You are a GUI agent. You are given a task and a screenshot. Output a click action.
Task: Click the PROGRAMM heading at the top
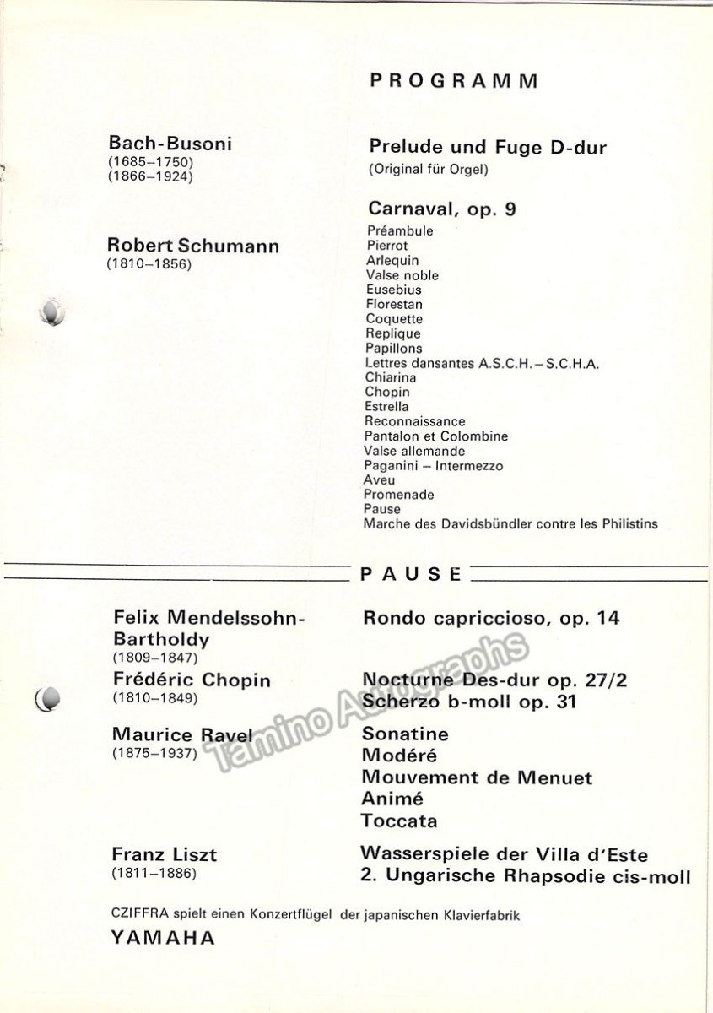pos(454,82)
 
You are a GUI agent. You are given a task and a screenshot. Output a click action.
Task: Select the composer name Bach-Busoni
pos(170,144)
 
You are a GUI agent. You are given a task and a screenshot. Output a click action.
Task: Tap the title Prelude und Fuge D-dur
pos(488,148)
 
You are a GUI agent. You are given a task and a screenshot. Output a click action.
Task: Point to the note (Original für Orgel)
pos(429,169)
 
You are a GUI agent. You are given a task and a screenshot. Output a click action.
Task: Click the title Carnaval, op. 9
pos(442,209)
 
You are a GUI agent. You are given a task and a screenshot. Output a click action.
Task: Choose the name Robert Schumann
pos(193,246)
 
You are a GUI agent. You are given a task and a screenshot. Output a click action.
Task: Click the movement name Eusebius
pos(393,290)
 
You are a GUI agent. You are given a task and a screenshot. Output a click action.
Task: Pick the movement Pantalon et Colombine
pos(435,436)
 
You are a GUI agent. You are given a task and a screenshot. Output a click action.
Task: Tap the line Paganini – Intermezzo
pos(434,466)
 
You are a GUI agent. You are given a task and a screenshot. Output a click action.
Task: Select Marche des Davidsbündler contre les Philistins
pos(510,524)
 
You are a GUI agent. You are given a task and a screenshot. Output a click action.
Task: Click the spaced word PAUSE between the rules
pos(411,575)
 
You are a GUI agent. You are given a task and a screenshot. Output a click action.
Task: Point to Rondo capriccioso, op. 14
pos(491,619)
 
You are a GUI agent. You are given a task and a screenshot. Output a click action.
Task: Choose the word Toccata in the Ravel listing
pos(400,821)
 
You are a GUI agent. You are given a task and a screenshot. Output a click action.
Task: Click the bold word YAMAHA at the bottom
pos(162,937)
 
